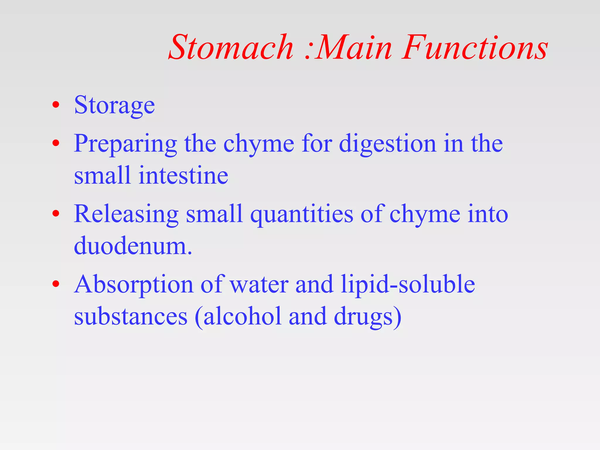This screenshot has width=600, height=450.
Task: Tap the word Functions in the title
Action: tap(475, 47)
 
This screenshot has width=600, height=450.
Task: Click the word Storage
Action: tap(114, 105)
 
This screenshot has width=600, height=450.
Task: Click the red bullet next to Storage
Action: tap(56, 105)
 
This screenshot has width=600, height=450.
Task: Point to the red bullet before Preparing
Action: tap(56, 143)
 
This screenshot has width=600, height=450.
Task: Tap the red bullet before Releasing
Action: tap(56, 214)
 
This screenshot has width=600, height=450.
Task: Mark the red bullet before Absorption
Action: tap(56, 284)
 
